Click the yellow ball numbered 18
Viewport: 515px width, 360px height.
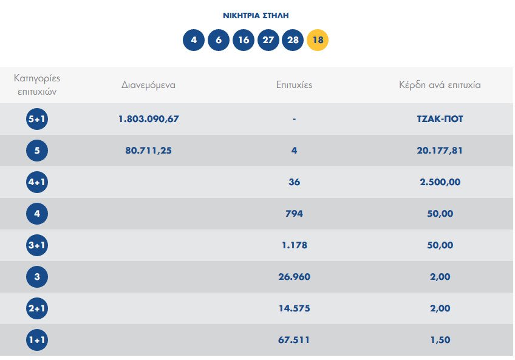(x=318, y=41)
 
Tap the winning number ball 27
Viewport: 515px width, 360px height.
(x=268, y=41)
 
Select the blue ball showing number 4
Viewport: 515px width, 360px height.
(x=194, y=41)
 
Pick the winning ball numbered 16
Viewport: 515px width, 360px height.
(x=243, y=41)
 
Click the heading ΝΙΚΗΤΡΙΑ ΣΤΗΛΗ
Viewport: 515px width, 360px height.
(x=256, y=15)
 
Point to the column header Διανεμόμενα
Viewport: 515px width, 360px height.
(x=148, y=85)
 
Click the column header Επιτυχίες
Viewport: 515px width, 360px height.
(x=294, y=85)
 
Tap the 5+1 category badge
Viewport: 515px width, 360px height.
(x=37, y=119)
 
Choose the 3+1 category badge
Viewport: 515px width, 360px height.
(x=37, y=245)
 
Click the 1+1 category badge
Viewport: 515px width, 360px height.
(x=37, y=340)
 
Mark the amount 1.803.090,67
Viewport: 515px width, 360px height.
(x=148, y=119)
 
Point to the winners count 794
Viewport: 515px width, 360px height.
(x=294, y=214)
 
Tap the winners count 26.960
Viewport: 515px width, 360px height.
(x=294, y=277)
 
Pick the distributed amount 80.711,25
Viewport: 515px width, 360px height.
(x=148, y=151)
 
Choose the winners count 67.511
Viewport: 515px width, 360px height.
(x=294, y=340)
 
